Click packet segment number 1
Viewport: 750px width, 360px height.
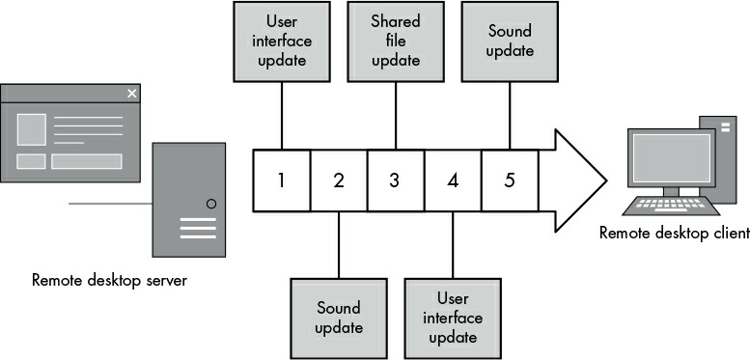click(281, 180)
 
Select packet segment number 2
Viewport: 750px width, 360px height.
click(339, 180)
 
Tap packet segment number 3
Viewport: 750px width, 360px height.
click(396, 180)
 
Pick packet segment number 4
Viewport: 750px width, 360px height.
click(453, 180)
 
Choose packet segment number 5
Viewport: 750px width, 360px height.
click(510, 180)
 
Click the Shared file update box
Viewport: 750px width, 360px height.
click(396, 42)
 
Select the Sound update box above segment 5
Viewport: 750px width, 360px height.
click(510, 42)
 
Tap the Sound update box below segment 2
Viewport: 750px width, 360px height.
click(339, 318)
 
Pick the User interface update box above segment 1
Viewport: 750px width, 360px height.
click(282, 42)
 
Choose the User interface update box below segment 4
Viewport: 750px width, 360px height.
click(453, 318)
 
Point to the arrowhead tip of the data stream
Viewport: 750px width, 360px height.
click(606, 180)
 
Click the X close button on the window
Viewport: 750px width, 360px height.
click(132, 94)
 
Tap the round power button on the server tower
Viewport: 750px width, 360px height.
click(211, 204)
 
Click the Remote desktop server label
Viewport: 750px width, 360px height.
click(109, 280)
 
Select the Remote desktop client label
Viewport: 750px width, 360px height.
click(675, 233)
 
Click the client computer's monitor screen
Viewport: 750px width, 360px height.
click(672, 157)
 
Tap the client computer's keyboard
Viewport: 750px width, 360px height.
click(671, 206)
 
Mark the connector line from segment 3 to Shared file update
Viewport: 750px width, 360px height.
click(396, 116)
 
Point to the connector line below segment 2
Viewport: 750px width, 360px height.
click(339, 244)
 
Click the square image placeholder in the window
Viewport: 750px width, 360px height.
click(32, 129)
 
